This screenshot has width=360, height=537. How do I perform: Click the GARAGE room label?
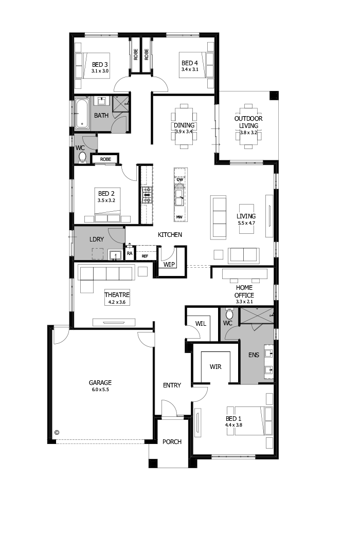pyautogui.click(x=100, y=382)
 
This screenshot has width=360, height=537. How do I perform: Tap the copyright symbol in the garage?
pyautogui.click(x=57, y=433)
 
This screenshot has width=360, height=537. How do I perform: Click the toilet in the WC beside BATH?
pyautogui.click(x=82, y=157)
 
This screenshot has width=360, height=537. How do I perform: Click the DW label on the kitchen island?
pyautogui.click(x=179, y=179)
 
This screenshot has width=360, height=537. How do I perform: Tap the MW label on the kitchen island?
pyautogui.click(x=179, y=217)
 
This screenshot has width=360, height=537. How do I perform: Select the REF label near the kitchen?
pyautogui.click(x=145, y=256)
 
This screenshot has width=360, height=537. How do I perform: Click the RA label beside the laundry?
pyautogui.click(x=129, y=253)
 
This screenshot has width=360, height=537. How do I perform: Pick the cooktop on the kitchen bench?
pyautogui.click(x=147, y=195)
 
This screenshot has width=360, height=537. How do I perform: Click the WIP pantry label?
pyautogui.click(x=169, y=265)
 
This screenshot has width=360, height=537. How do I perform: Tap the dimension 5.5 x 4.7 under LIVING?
pyautogui.click(x=246, y=223)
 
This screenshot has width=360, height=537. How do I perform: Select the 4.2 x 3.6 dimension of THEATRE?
pyautogui.click(x=117, y=302)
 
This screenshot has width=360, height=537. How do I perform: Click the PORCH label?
pyautogui.click(x=172, y=442)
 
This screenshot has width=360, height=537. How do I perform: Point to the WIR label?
pyautogui.click(x=215, y=367)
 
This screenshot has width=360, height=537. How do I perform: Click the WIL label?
pyautogui.click(x=201, y=323)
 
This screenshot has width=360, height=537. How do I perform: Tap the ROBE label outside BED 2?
pyautogui.click(x=105, y=159)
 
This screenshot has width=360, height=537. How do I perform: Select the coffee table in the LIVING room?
pyautogui.click(x=246, y=219)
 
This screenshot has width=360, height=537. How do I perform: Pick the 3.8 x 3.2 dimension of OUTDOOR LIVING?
pyautogui.click(x=248, y=133)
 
